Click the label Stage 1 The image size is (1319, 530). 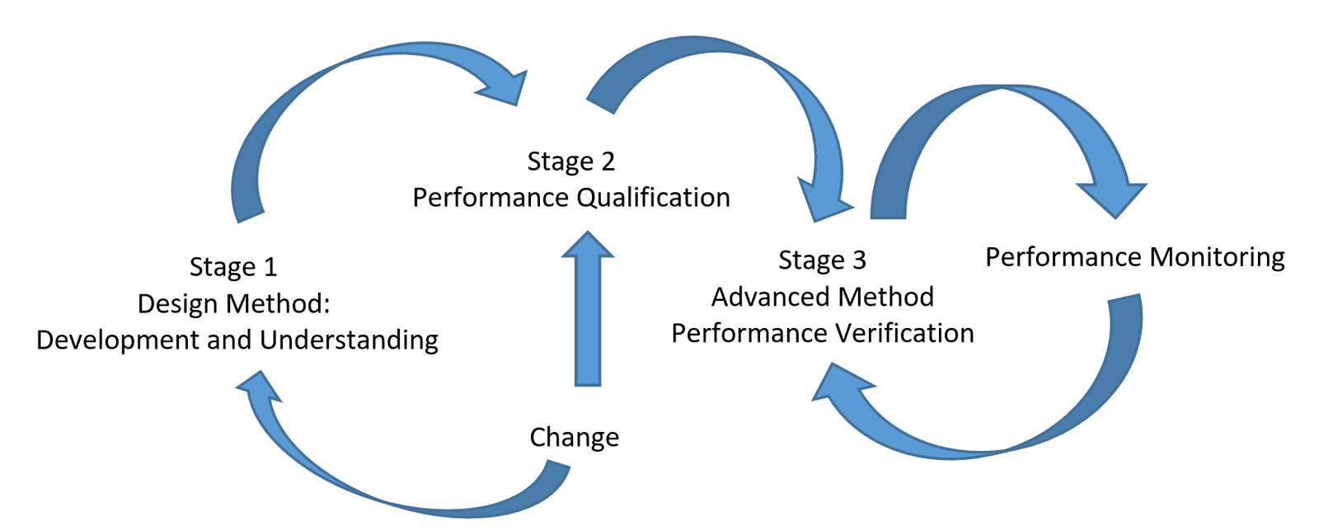click(x=233, y=267)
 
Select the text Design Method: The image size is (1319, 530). click(x=233, y=303)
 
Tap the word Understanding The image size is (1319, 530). click(x=349, y=340)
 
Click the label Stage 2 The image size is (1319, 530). click(x=571, y=162)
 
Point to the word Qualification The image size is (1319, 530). click(x=653, y=198)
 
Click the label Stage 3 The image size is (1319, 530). click(x=822, y=260)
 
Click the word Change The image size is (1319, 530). click(x=574, y=437)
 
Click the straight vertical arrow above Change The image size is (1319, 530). click(x=588, y=321)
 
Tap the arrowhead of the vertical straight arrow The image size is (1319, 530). click(x=588, y=246)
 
